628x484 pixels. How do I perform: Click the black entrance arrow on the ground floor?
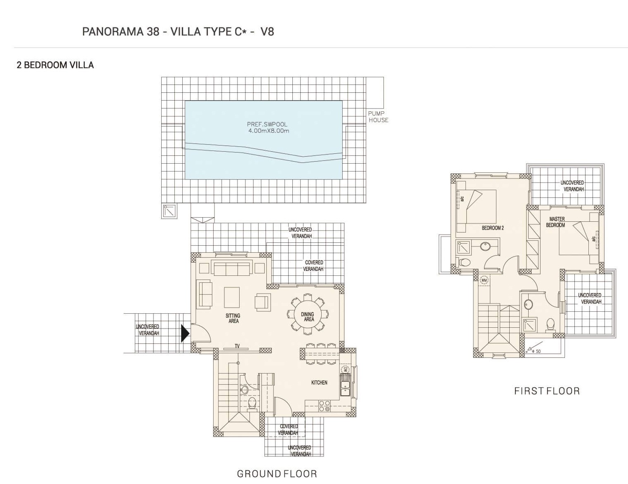185,334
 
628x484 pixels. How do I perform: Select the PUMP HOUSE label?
378,117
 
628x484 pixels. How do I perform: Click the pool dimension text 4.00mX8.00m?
269,131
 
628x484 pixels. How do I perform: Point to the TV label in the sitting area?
237,346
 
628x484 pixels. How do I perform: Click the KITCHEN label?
319,383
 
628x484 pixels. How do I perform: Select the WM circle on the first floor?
484,280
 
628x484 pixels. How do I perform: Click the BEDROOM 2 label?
493,228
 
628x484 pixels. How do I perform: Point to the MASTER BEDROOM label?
555,222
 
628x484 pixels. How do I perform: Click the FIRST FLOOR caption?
547,391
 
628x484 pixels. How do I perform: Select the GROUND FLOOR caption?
277,474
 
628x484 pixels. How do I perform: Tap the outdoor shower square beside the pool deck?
169,211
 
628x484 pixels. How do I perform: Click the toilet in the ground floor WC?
252,403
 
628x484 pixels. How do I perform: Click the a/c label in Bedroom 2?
462,199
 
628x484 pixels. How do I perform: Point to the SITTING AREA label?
233,318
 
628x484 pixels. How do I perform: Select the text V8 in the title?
267,31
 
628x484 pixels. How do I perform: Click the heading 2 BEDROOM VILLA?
55,65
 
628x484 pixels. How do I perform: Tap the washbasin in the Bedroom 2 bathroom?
485,247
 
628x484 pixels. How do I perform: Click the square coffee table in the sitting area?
232,297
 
